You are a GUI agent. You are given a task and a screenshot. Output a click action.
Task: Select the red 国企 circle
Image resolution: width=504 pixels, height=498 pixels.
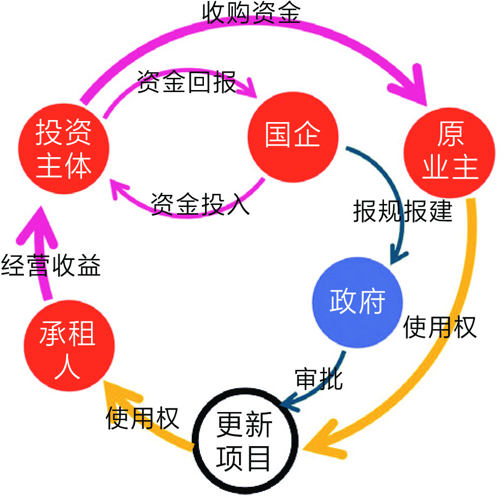(293, 135)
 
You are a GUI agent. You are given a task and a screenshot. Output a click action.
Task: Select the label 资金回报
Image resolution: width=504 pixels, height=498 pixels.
(187, 81)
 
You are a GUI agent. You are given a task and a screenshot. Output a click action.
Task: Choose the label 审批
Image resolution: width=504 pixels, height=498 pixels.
(319, 379)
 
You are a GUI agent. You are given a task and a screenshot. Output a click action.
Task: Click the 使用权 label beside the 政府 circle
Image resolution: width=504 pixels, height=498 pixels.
(440, 327)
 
